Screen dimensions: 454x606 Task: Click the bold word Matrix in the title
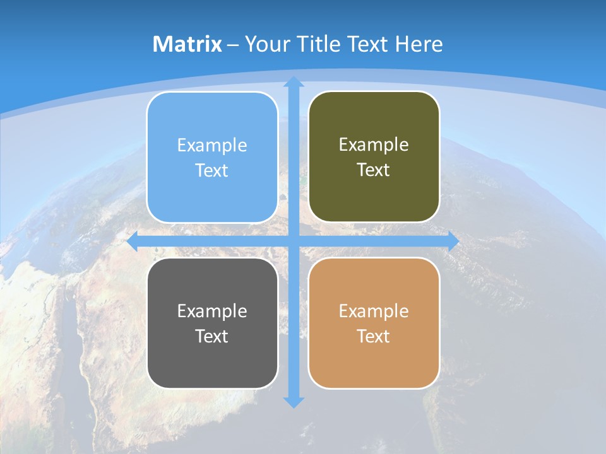[x=187, y=44]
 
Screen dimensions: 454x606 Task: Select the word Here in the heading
[x=419, y=44]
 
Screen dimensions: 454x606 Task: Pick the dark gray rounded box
[x=212, y=366]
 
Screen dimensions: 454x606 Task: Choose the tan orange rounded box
[x=374, y=366]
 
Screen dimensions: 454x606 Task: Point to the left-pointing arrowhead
[x=133, y=242]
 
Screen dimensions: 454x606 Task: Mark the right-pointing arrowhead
[x=453, y=242]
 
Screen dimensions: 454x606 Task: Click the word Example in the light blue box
[x=212, y=145]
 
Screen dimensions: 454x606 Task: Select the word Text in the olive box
[x=374, y=170]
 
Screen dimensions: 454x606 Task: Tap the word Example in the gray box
[x=212, y=311]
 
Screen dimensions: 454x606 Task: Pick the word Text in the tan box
[x=374, y=336]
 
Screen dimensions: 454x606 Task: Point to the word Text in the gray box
[x=212, y=336]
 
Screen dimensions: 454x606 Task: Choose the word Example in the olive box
[x=374, y=144]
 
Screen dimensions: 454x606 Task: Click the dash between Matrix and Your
[x=233, y=45]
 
